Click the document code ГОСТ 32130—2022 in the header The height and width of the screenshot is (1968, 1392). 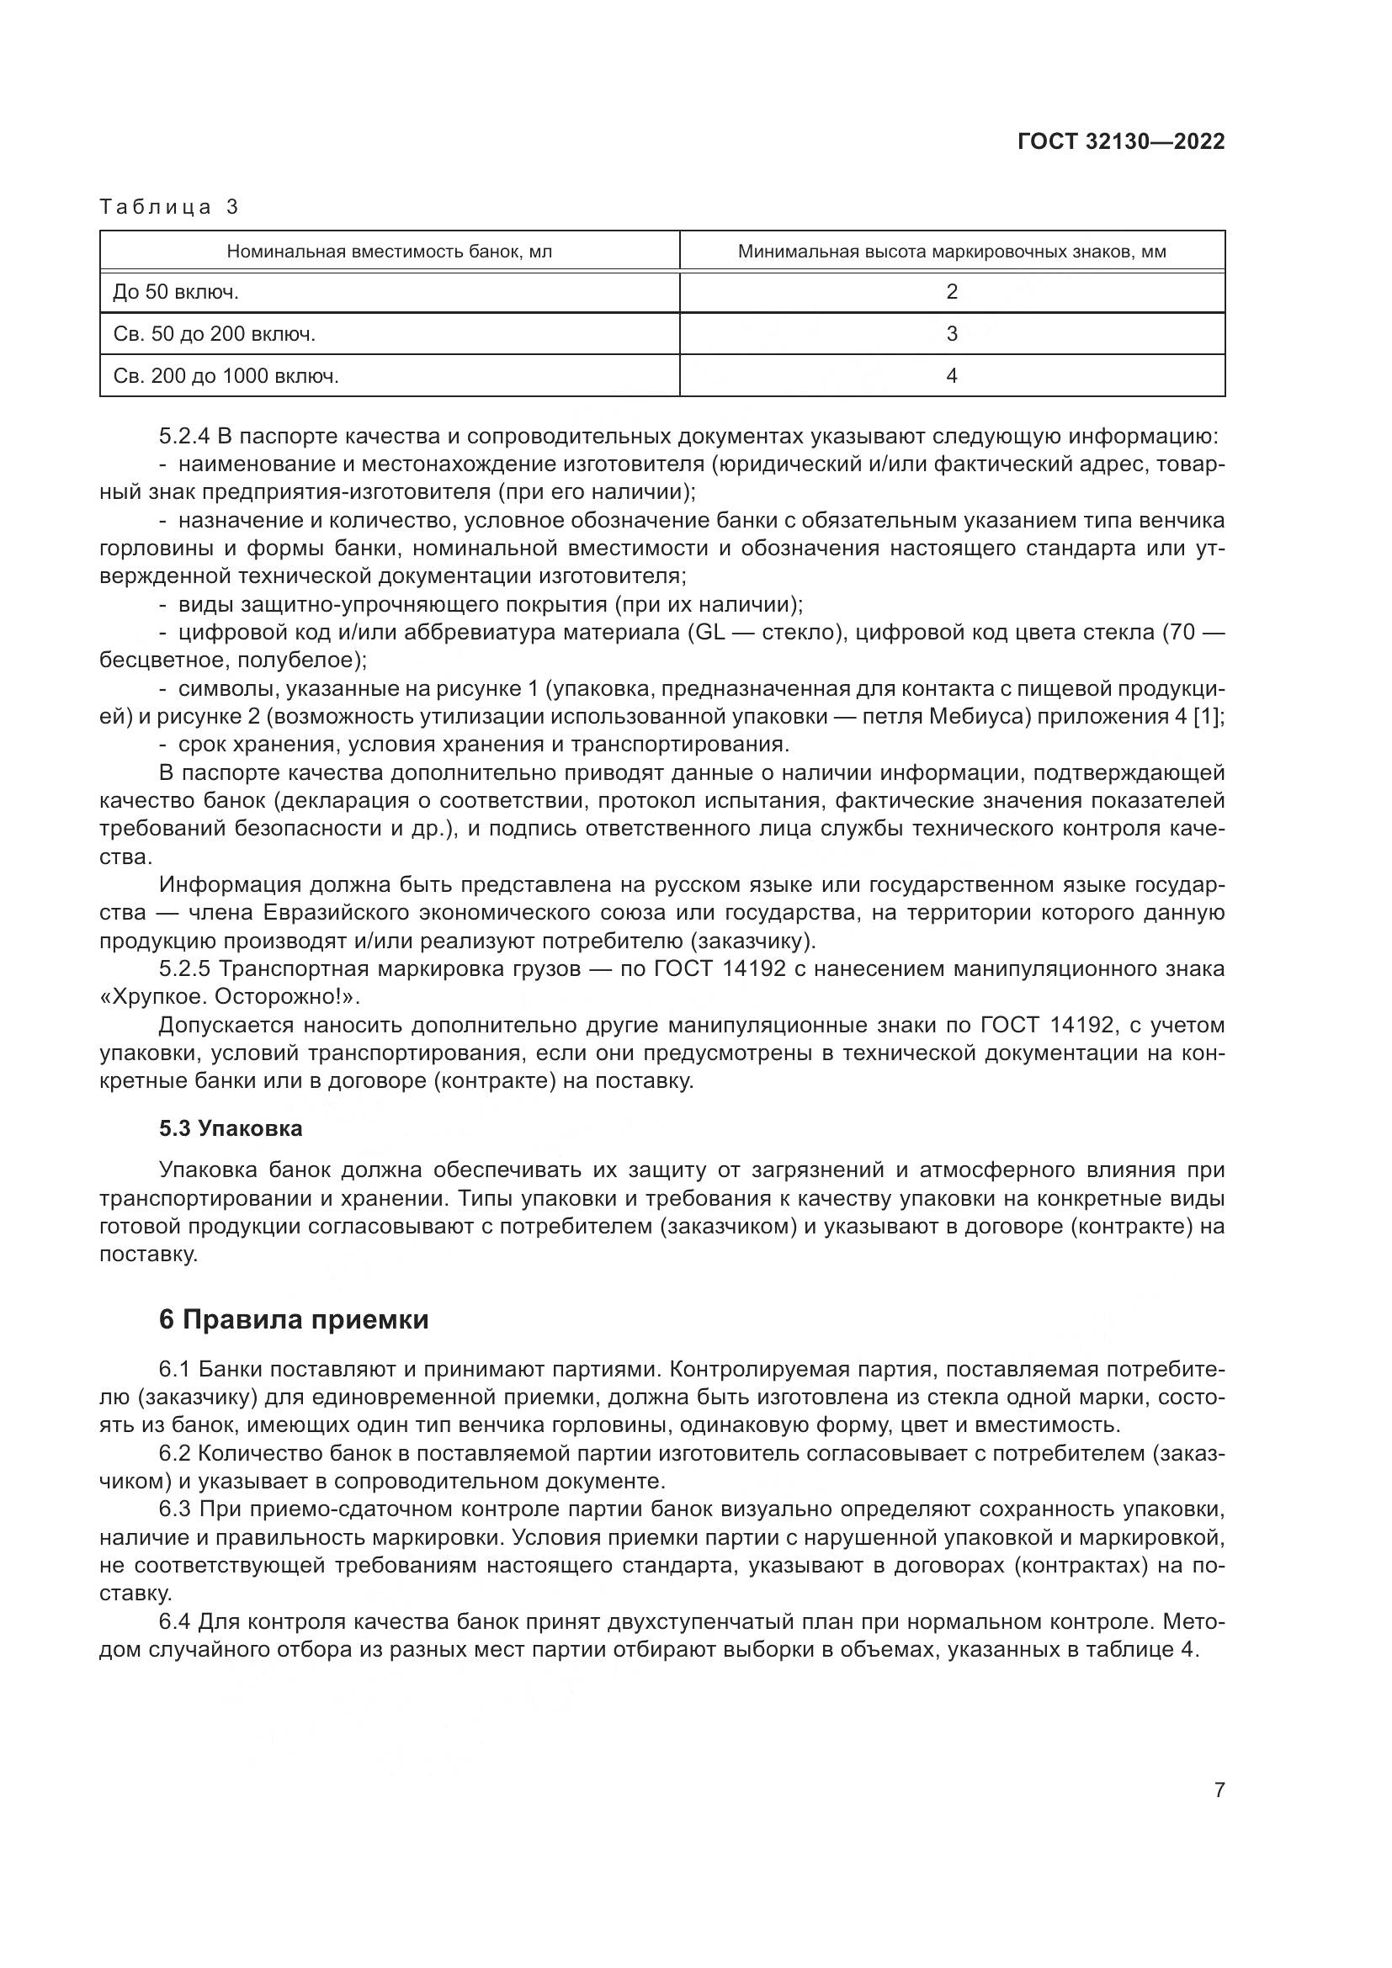point(1120,142)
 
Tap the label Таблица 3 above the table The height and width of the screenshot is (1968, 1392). point(170,207)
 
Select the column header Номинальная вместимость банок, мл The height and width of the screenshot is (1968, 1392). point(389,252)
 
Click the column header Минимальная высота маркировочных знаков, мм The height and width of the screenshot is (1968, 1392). point(952,252)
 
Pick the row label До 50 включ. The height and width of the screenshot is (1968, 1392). point(176,292)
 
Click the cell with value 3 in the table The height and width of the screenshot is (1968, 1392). point(952,334)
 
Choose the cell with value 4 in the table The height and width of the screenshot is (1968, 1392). point(952,375)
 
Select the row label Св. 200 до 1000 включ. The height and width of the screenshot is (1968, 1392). point(226,375)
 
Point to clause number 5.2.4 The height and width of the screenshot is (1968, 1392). point(184,438)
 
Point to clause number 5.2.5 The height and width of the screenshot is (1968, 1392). point(184,969)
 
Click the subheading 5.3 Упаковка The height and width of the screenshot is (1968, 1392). point(231,1129)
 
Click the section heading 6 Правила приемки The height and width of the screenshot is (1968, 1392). point(293,1319)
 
